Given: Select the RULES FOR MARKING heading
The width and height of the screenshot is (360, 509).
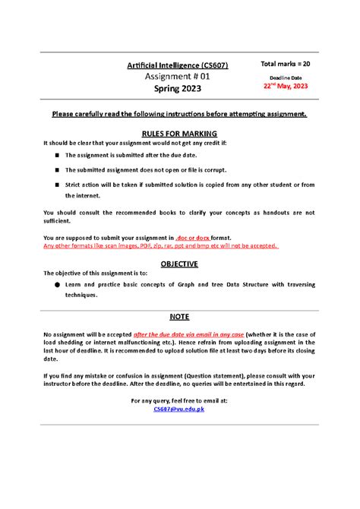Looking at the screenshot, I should click(179, 132).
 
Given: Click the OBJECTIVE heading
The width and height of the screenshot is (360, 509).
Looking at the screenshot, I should click(179, 264).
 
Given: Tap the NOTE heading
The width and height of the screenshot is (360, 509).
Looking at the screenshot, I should click(179, 316).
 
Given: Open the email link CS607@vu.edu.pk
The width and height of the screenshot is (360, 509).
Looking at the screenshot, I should click(179, 409).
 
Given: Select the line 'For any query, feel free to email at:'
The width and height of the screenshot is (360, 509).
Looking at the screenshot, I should click(179, 400).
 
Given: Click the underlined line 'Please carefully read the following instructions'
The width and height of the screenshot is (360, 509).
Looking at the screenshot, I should click(179, 114).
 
